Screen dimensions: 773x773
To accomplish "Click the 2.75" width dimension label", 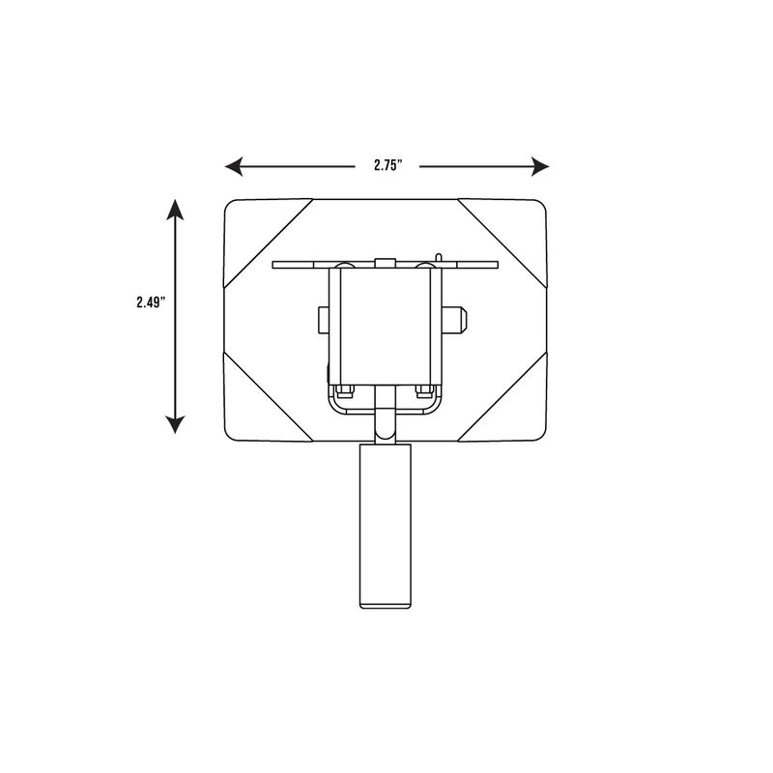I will tap(386, 166).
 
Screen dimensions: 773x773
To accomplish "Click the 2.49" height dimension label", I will tap(151, 301).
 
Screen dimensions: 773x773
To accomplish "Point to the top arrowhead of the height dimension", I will tap(174, 209).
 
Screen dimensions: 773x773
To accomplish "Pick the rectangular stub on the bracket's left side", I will tap(323, 320).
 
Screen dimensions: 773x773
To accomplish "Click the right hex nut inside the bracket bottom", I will tap(423, 390).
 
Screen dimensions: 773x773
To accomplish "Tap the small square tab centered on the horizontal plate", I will tap(384, 262).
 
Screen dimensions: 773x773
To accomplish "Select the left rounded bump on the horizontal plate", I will tap(343, 264).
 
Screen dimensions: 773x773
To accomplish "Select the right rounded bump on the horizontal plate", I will tap(424, 264).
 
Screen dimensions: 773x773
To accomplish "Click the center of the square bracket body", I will tap(385, 324).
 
